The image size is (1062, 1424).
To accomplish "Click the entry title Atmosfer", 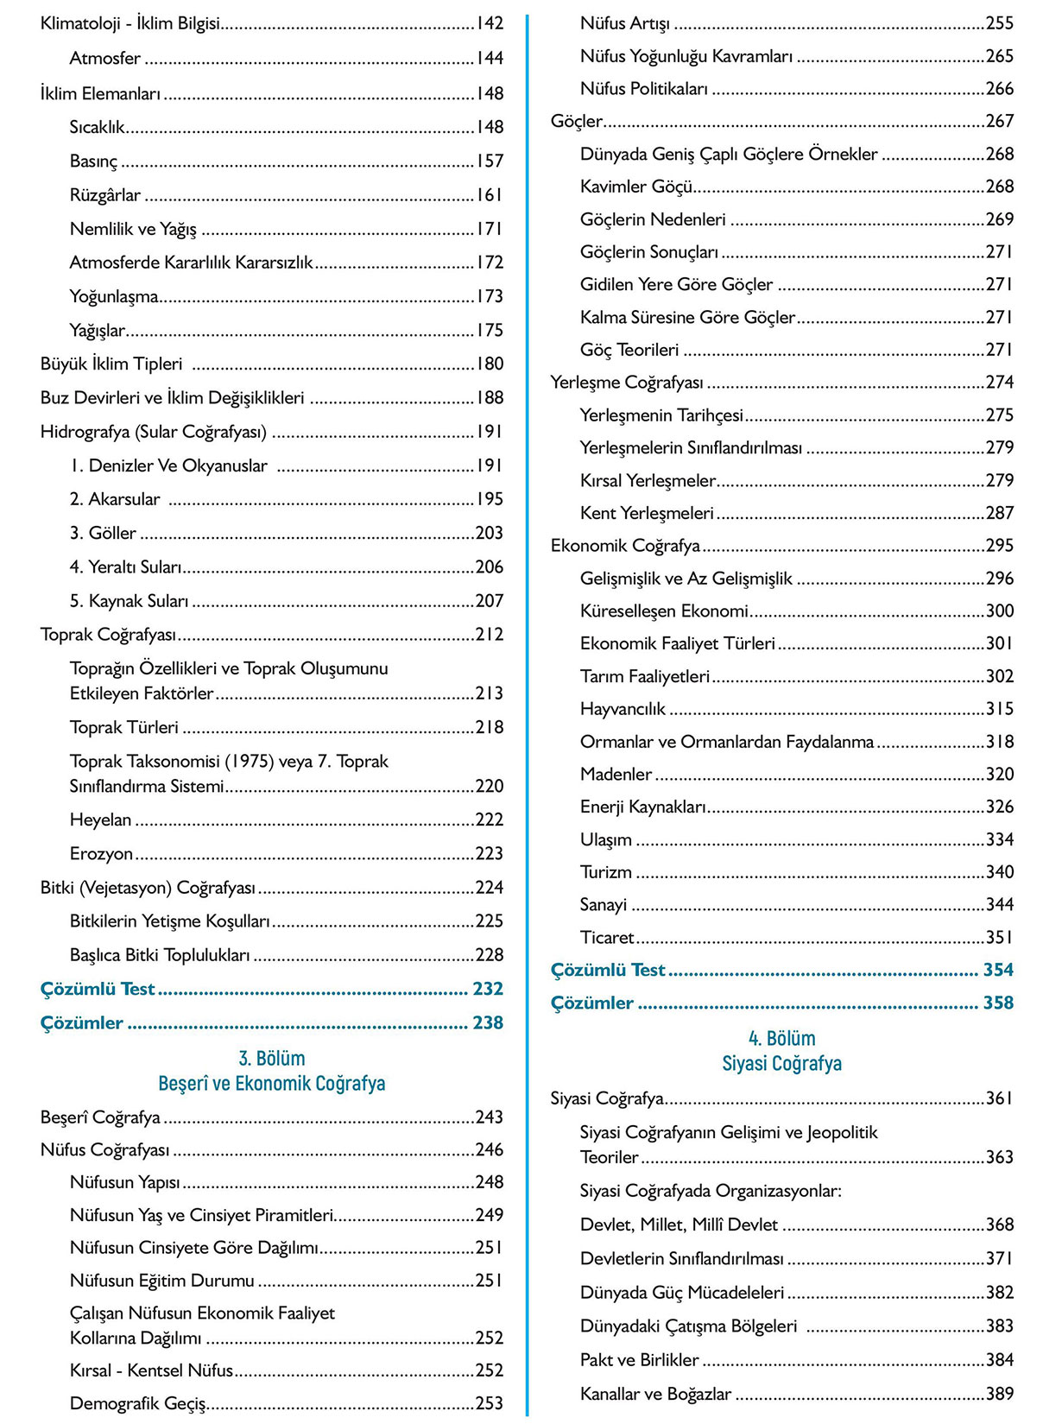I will [x=104, y=59].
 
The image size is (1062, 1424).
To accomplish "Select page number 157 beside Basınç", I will [x=489, y=161].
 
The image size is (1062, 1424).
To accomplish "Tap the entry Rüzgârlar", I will [x=104, y=195].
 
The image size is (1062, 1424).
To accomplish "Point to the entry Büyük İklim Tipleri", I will [x=111, y=364].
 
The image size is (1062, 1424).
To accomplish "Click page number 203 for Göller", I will [x=489, y=533].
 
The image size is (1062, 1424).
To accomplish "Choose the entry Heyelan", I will [x=100, y=820].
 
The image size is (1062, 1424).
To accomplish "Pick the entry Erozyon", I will [x=101, y=853].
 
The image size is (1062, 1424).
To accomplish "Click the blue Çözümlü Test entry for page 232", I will [x=98, y=989].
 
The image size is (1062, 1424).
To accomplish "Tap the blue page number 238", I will [x=487, y=1022].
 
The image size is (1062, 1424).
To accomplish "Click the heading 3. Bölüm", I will [x=271, y=1058].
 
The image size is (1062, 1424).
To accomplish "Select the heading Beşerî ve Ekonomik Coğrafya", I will [x=271, y=1083].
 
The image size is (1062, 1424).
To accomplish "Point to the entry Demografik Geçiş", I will [x=137, y=1403].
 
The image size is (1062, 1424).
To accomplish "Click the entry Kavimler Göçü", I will [x=636, y=187].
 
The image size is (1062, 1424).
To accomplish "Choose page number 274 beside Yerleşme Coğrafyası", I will [x=999, y=382].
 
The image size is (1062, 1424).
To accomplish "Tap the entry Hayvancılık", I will [x=623, y=709].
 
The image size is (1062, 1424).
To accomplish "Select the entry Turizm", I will [x=605, y=872].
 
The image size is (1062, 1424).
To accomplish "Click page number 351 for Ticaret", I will [x=999, y=937].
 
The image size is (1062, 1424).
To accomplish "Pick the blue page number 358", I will [x=997, y=1003].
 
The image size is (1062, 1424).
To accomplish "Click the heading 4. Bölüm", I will [x=781, y=1038].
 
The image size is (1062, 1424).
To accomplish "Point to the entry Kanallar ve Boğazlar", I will [x=655, y=1394].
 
